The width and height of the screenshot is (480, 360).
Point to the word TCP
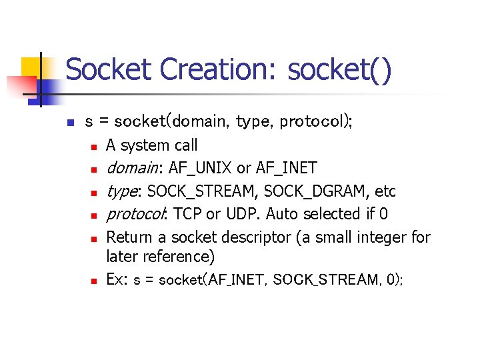coord(188,214)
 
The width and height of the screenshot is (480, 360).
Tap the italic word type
coord(123,191)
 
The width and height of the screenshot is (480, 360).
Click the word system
coord(145,145)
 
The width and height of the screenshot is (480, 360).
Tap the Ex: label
coord(117,280)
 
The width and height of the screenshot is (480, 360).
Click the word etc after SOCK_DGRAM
coord(385,191)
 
